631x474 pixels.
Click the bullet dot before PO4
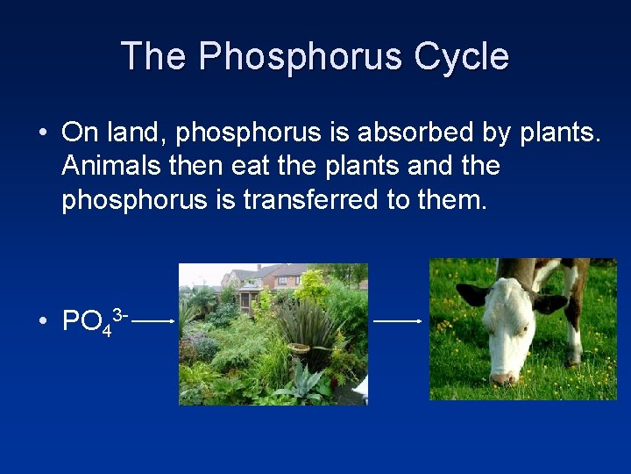(42, 323)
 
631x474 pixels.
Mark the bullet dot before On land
(42, 133)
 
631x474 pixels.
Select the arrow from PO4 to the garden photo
(154, 321)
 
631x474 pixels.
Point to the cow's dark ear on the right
(550, 303)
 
